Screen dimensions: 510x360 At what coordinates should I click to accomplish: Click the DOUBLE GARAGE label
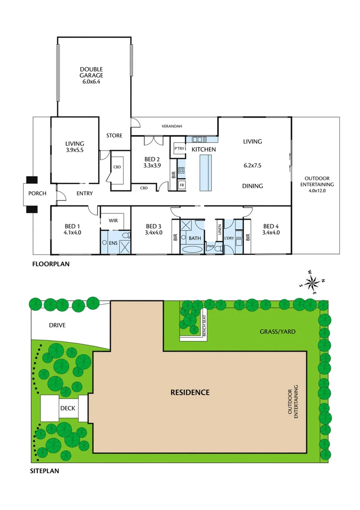tap(92, 75)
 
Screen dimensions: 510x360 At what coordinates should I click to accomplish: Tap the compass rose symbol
tap(312, 283)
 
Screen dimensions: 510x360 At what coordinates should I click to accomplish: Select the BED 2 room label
tap(152, 162)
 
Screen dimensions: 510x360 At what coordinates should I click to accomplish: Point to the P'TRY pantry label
tap(179, 149)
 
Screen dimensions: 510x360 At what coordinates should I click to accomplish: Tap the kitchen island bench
tap(206, 173)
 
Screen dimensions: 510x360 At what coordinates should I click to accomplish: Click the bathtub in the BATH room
tap(194, 248)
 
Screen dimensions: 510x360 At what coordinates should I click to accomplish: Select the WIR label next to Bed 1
tap(113, 220)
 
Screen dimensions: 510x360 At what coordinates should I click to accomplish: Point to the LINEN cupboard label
tap(220, 229)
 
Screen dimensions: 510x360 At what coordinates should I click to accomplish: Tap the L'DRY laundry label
tap(229, 238)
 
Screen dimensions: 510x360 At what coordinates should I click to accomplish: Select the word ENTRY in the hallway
tap(84, 193)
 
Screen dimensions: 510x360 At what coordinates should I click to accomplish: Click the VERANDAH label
tap(172, 126)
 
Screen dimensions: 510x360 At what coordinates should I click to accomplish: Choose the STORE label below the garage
tap(114, 136)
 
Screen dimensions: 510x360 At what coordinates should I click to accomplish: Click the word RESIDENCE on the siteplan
tap(190, 392)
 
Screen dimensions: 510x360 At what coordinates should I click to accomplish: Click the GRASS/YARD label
tap(277, 331)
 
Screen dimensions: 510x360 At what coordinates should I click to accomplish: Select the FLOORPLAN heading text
tap(50, 264)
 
